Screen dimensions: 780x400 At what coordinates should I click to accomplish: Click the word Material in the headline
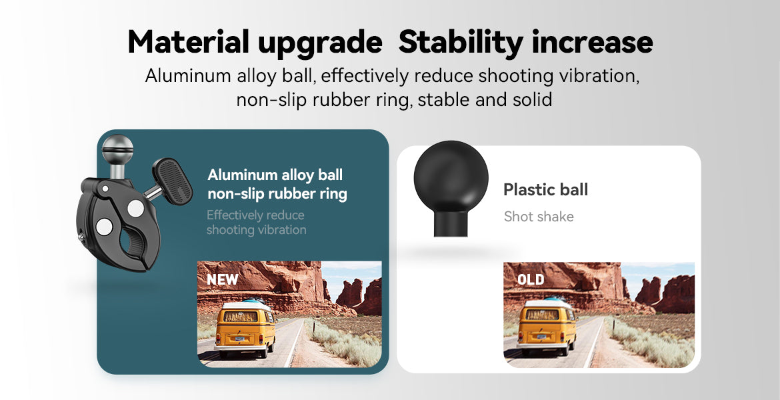click(x=189, y=42)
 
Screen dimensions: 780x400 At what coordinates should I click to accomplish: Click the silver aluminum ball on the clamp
click(x=117, y=149)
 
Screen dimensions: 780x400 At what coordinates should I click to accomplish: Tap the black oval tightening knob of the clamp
click(x=173, y=181)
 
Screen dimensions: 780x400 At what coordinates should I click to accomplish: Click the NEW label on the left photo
click(x=223, y=279)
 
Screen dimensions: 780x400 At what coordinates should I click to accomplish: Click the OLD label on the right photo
click(x=531, y=279)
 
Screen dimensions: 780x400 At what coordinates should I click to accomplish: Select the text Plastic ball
click(x=546, y=189)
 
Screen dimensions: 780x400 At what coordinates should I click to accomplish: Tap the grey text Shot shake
click(x=539, y=217)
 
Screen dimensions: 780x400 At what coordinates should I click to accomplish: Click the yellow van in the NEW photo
click(x=245, y=329)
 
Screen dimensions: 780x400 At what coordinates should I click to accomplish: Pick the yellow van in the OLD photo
click(x=546, y=327)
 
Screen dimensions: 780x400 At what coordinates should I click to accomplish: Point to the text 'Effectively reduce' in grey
click(x=255, y=215)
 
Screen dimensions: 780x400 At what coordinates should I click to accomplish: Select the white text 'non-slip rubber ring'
click(x=277, y=193)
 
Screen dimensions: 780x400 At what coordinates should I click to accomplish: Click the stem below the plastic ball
click(x=451, y=224)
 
